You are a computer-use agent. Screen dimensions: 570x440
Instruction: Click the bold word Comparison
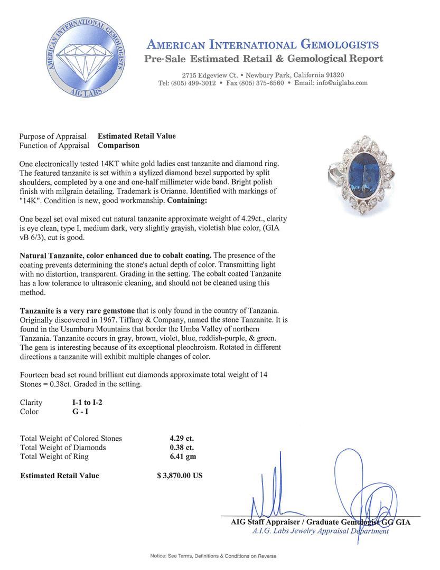point(119,145)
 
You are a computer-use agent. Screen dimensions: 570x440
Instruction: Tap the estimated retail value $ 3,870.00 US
point(180,476)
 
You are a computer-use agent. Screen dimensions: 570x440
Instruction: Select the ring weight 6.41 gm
point(179,457)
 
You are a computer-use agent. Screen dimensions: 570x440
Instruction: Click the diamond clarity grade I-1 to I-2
point(87,402)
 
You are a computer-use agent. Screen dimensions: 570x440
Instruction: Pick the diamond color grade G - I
point(80,412)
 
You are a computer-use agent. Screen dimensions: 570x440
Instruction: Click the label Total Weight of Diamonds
point(63,448)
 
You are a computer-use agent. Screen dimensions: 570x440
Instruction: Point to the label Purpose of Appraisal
point(53,136)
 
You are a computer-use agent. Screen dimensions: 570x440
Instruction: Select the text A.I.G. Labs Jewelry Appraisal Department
point(320,531)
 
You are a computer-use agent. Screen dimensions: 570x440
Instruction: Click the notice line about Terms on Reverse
point(213,556)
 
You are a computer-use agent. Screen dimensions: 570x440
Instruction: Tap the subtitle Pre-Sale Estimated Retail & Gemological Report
point(264,59)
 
